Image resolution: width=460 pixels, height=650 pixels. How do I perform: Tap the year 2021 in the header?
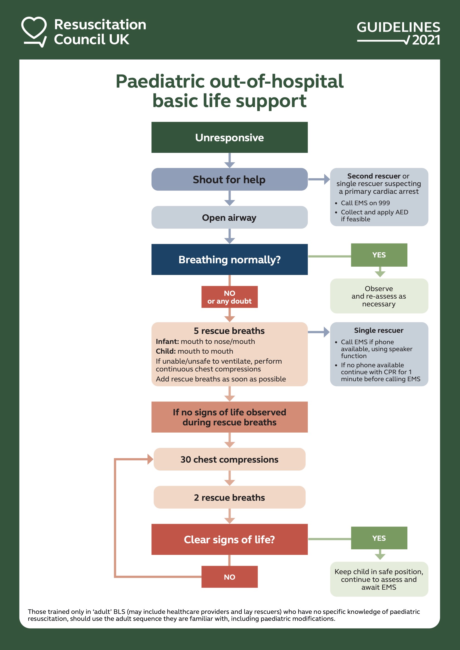point(426,40)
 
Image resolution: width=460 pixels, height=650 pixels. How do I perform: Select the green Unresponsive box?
point(229,138)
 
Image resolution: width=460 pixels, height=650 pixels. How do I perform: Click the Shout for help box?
point(229,180)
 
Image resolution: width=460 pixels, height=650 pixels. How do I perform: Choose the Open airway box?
point(229,217)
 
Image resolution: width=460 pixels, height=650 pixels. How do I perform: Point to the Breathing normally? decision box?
point(229,260)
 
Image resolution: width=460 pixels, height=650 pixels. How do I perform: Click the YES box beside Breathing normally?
point(379,255)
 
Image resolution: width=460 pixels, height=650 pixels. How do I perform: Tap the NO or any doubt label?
point(229,297)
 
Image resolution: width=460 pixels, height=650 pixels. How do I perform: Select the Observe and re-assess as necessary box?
point(379,296)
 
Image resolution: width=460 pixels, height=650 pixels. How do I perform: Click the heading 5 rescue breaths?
point(229,331)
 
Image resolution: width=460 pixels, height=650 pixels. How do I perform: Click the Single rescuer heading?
point(379,330)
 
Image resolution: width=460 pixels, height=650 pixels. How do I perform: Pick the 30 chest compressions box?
point(229,459)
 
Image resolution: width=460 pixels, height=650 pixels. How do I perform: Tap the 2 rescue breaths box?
point(229,497)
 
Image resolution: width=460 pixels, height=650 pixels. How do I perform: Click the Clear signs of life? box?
point(229,540)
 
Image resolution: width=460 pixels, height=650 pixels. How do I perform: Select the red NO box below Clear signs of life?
point(229,577)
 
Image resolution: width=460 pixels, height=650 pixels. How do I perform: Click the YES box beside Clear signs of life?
point(379,538)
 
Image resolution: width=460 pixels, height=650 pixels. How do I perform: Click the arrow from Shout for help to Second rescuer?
point(319,179)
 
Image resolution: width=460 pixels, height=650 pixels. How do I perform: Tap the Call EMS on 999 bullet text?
point(365,203)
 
